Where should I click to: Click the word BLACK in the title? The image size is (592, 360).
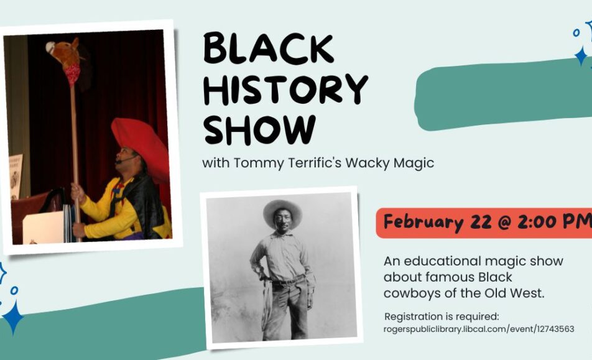click(269, 48)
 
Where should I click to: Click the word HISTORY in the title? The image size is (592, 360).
click(285, 90)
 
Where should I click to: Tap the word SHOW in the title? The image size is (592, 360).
click(260, 129)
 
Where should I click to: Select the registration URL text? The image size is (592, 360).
click(479, 329)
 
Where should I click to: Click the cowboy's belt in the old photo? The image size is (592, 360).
click(289, 280)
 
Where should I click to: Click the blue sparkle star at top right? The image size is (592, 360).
click(581, 56)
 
